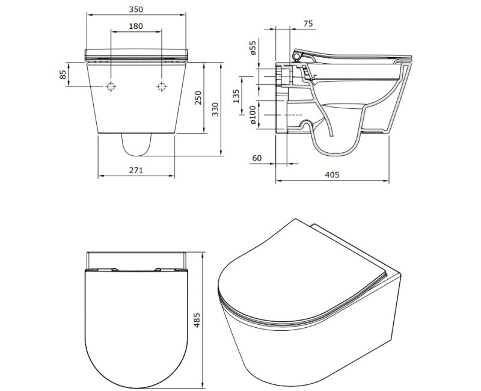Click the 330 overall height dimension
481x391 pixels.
[216, 108]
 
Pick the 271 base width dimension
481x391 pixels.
[136, 170]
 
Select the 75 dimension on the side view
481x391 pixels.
[308, 24]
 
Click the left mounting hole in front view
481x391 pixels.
[111, 87]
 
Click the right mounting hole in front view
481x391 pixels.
[161, 87]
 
